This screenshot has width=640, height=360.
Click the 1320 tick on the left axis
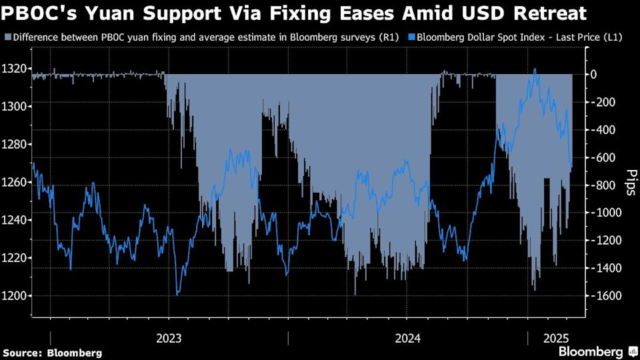coord(15,68)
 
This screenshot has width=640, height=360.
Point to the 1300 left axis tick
coord(15,106)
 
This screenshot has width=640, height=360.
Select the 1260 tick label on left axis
coord(15,182)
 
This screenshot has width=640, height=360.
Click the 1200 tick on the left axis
coord(15,296)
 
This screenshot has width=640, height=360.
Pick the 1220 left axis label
coord(15,258)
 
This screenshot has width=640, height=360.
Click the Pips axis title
coord(630,182)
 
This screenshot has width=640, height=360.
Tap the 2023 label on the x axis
coord(169,338)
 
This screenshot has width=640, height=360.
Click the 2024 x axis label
coord(408,338)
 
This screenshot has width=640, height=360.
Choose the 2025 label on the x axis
coord(555,338)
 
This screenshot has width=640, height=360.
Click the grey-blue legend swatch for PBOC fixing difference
coord(7,38)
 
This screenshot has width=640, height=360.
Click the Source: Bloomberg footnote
coord(53,352)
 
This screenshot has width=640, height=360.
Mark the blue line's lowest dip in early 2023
coord(177,295)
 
